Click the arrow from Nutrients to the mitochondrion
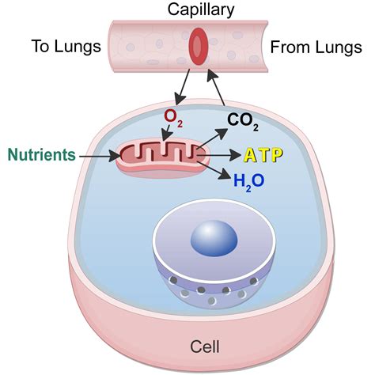click(100, 154)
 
